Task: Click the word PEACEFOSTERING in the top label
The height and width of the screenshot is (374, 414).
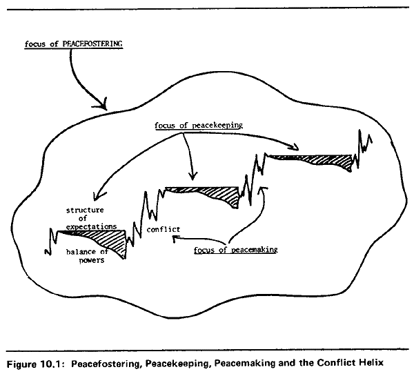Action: (92, 44)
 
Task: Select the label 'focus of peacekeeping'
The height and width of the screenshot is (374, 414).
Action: (199, 125)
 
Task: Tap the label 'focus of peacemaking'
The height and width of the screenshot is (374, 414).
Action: (236, 250)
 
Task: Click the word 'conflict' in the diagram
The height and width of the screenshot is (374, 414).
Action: (164, 229)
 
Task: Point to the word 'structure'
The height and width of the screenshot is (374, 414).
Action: (85, 210)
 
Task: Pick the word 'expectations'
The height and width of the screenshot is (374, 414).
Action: (91, 226)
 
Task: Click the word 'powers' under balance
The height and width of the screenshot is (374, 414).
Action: (92, 260)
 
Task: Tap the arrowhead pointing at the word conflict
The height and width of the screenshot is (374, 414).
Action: (175, 239)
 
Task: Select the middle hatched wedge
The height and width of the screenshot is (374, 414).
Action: (211, 195)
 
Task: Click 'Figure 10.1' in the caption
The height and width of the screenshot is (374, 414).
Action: (34, 364)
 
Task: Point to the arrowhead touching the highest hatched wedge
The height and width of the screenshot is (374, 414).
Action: (294, 147)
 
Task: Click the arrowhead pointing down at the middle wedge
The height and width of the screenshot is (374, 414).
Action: (193, 176)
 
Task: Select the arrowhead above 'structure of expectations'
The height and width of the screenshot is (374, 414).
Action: (98, 196)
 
